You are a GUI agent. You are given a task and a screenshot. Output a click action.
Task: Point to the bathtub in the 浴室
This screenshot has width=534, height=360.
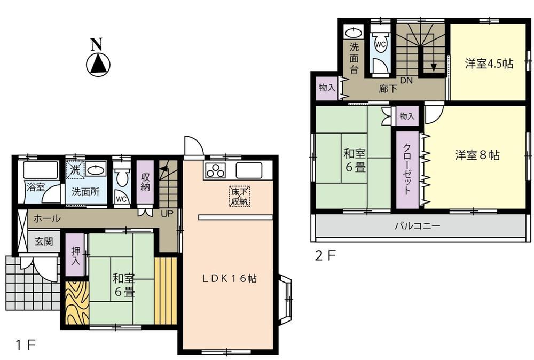pyautogui.click(x=36, y=171)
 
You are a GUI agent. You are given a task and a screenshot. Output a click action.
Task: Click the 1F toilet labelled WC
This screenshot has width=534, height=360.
pyautogui.click(x=122, y=183)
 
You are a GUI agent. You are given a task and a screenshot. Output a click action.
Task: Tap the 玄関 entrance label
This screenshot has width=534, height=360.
pyautogui.click(x=44, y=241)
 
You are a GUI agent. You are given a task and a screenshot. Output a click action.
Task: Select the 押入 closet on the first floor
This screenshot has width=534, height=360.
pyautogui.click(x=75, y=255)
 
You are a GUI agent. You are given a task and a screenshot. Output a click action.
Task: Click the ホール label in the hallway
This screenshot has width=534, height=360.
pyautogui.click(x=46, y=218)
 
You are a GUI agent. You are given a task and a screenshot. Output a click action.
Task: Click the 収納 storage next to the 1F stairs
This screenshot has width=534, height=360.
pyautogui.click(x=145, y=182)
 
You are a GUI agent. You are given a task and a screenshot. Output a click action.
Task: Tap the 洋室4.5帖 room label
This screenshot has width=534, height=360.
pyautogui.click(x=489, y=64)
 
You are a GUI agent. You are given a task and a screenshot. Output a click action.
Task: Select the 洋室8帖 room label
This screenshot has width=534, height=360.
pyautogui.click(x=477, y=155)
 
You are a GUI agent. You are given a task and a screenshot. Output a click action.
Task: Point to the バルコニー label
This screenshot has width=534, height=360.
pyautogui.click(x=417, y=226)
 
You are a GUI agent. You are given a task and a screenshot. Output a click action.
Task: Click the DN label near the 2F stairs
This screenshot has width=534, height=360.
pyautogui.click(x=406, y=81)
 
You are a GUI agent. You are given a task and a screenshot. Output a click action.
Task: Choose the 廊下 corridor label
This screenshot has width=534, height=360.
pyautogui.click(x=388, y=89)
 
